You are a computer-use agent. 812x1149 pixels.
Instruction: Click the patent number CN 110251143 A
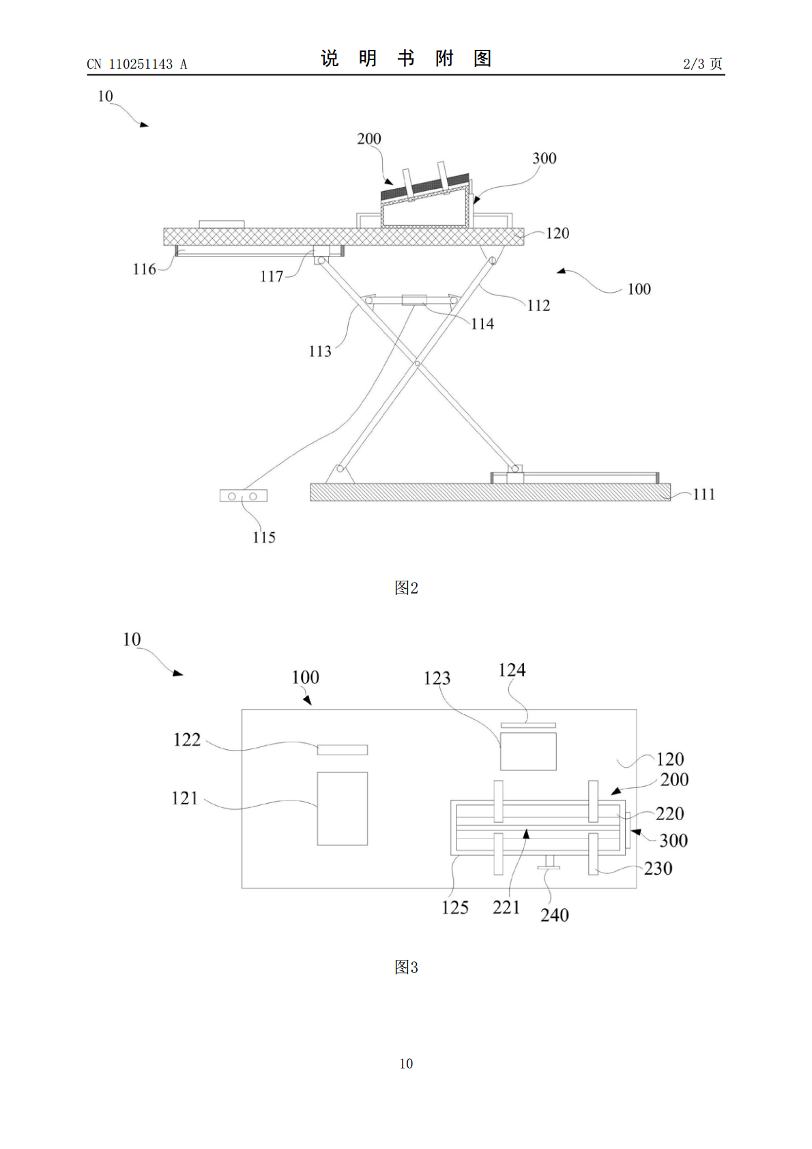[137, 64]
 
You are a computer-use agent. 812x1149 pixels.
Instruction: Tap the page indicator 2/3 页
[703, 63]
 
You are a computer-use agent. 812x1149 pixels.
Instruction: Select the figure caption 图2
[406, 588]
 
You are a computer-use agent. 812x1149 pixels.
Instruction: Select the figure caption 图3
[406, 968]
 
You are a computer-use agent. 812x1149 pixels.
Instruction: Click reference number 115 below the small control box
[263, 537]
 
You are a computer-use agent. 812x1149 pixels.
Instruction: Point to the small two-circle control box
[243, 496]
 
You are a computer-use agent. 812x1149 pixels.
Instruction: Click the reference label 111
[704, 494]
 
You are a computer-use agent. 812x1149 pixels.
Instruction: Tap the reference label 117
[272, 276]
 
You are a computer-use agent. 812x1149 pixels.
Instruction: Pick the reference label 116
[144, 270]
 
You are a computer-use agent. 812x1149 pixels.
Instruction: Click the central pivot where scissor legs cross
[417, 364]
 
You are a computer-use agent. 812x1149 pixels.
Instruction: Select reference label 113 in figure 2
[320, 351]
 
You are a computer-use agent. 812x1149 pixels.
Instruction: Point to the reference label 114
[482, 323]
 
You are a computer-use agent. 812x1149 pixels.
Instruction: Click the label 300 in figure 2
[545, 158]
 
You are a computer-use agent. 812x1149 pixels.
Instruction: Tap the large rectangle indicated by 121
[342, 809]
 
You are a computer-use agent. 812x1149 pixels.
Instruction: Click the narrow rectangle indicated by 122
[342, 750]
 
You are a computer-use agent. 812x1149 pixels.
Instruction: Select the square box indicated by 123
[528, 751]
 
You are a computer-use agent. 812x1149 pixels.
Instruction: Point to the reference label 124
[512, 670]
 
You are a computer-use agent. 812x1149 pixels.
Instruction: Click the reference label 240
[555, 915]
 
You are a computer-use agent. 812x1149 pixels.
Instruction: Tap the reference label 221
[506, 907]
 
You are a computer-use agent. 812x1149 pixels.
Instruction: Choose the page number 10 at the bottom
[406, 1064]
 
